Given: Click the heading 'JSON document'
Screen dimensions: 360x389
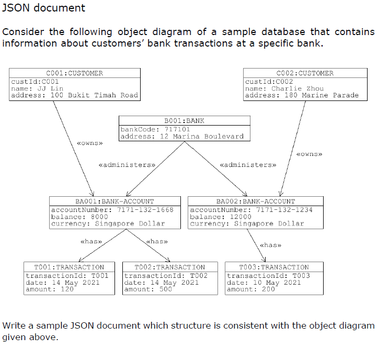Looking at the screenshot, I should click(44, 8).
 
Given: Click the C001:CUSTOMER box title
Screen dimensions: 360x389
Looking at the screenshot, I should click(74, 73).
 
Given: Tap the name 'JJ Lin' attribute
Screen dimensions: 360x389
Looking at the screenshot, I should click(37, 88).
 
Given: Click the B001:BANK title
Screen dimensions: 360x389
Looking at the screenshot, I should click(184, 120).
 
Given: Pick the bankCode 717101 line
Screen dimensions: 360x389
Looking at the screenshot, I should click(155, 129).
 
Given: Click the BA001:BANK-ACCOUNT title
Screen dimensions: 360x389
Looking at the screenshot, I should click(115, 201).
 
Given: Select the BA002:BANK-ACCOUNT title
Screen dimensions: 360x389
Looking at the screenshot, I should click(255, 201).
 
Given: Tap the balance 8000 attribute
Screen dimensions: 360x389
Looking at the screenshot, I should click(79, 216).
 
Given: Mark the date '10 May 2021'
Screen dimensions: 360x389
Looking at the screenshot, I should click(264, 283).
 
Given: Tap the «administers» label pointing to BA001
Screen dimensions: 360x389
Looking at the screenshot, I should click(127, 165).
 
